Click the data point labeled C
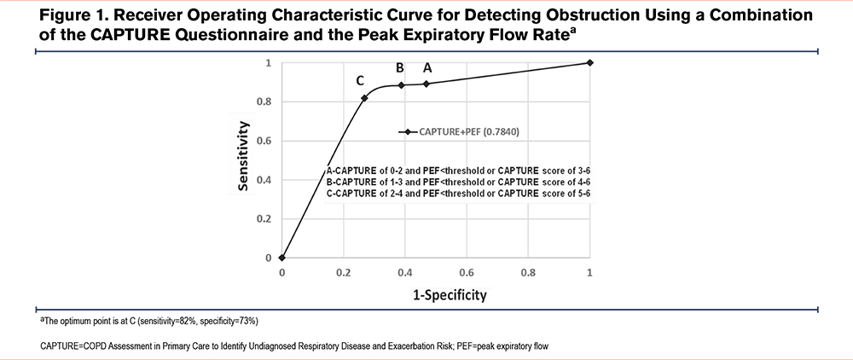click(x=364, y=98)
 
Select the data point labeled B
click(x=401, y=85)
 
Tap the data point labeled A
click(x=426, y=84)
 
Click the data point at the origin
click(x=282, y=258)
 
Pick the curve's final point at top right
click(x=590, y=62)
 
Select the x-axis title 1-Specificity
click(x=436, y=295)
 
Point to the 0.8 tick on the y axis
click(x=266, y=102)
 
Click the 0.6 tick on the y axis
click(x=266, y=141)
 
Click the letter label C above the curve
click(x=361, y=80)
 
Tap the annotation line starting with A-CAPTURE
click(x=458, y=170)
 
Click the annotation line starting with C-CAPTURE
click(x=458, y=194)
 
